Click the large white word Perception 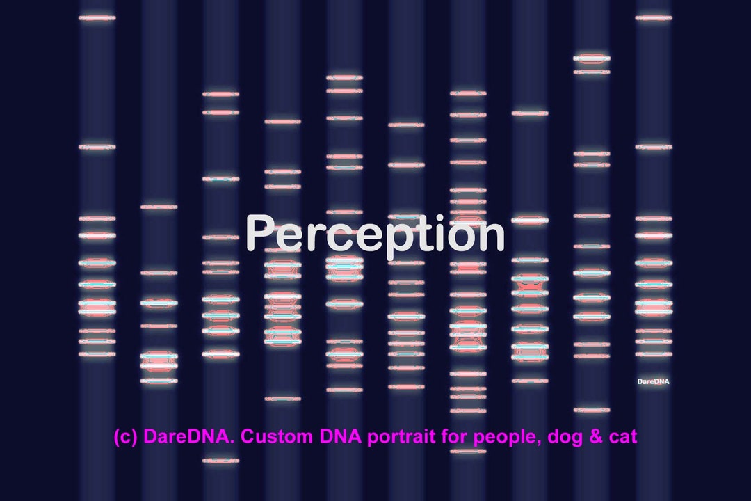point(375,234)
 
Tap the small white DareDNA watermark point(653,381)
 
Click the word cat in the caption point(621,438)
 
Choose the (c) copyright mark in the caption point(126,438)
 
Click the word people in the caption point(498,438)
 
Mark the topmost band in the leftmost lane point(97,17)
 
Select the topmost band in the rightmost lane point(653,17)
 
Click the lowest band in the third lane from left point(220,460)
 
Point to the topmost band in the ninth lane point(592,58)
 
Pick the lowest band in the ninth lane point(592,410)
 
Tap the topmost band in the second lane point(159,207)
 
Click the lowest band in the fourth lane point(282,399)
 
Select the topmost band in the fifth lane point(344,77)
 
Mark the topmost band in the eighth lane point(530,113)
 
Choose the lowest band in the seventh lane point(468,451)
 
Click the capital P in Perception point(260,233)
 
